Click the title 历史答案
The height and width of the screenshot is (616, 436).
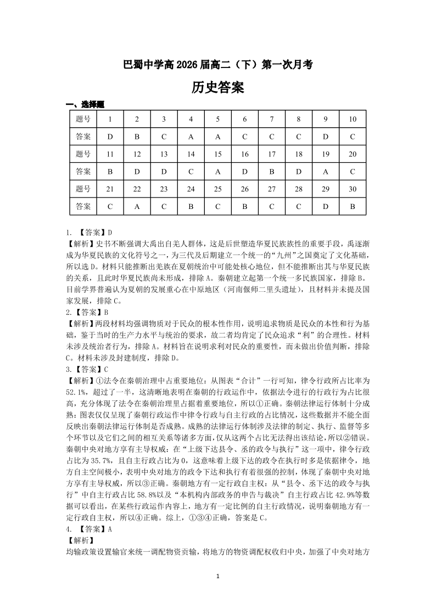click(x=218, y=87)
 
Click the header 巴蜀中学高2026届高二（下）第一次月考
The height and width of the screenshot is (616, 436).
click(x=218, y=64)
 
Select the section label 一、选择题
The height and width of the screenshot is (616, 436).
click(x=85, y=105)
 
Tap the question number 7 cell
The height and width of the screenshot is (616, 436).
click(x=272, y=119)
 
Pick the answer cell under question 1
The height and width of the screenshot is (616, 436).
click(x=110, y=136)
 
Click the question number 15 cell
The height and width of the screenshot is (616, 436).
click(x=218, y=154)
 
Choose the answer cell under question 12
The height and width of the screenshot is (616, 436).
click(x=137, y=172)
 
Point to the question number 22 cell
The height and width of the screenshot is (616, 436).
click(x=137, y=189)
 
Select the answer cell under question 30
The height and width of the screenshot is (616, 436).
click(x=353, y=207)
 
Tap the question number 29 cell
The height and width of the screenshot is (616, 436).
click(x=326, y=189)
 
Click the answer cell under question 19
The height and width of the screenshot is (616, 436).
click(x=326, y=172)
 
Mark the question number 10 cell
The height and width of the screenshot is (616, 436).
click(x=353, y=119)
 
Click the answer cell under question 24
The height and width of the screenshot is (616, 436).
click(x=191, y=207)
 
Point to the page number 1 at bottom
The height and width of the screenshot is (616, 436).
click(x=218, y=576)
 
